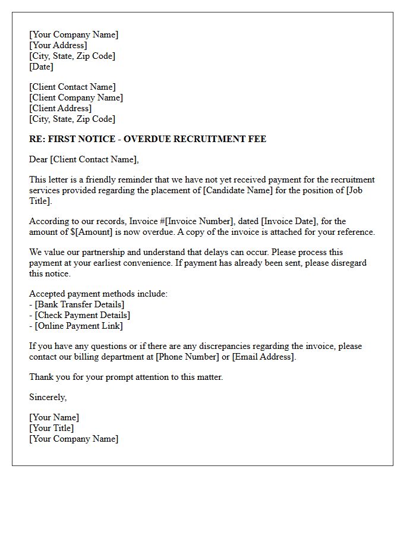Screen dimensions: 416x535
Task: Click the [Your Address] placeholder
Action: click(58, 45)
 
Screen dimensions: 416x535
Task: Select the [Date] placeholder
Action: click(42, 67)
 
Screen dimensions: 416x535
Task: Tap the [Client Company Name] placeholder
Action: click(76, 97)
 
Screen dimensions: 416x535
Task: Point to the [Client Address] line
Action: click(61, 108)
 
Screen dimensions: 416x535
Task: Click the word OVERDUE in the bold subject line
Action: click(148, 139)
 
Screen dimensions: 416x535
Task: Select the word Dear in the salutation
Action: click(39, 159)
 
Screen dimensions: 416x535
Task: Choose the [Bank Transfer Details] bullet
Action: click(80, 304)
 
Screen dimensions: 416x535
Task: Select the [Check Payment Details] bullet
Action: click(83, 315)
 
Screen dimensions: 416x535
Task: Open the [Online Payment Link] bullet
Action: click(79, 326)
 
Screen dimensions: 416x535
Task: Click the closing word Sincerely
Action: click(48, 397)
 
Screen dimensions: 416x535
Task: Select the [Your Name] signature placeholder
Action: click(54, 417)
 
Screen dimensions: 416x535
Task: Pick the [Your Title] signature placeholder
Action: click(52, 428)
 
